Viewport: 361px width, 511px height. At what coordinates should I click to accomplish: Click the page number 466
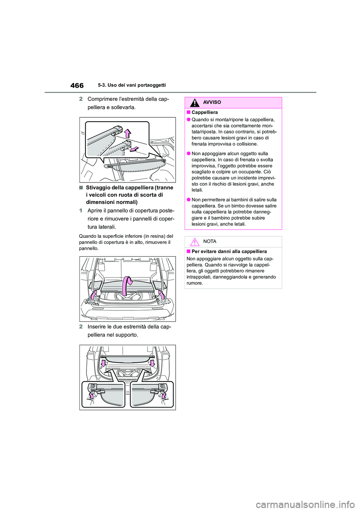[x=77, y=85]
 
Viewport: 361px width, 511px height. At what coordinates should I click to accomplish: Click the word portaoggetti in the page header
[x=151, y=85]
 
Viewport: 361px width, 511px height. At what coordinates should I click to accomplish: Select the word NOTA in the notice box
[x=210, y=242]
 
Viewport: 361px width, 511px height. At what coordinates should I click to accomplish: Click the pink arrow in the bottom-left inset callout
[x=91, y=395]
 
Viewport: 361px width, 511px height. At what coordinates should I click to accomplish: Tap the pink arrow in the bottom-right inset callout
[x=163, y=395]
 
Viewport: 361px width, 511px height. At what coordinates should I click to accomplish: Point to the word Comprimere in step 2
[x=103, y=99]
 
